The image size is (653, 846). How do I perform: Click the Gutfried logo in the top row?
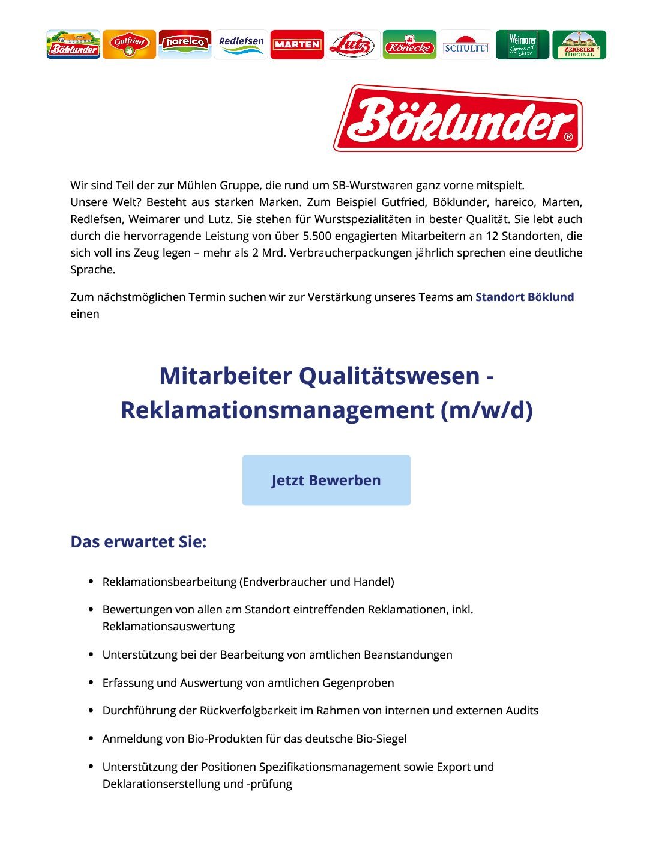[129, 44]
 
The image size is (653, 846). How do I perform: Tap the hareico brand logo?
[185, 44]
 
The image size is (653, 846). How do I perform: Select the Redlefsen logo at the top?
[241, 44]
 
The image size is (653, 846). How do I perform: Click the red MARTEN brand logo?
[297, 44]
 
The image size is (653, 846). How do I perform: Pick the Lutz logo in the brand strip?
[354, 44]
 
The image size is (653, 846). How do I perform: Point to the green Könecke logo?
[409, 44]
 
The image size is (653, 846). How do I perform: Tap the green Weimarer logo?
[522, 44]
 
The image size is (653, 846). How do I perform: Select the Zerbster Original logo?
[579, 44]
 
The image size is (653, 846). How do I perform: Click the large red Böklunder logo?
[458, 118]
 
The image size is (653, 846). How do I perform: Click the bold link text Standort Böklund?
[525, 297]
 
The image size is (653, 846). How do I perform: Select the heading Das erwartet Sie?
[139, 542]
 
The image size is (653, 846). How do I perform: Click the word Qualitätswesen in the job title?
[390, 376]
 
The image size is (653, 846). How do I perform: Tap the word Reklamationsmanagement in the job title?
[277, 410]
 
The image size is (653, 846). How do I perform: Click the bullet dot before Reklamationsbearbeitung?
[91, 582]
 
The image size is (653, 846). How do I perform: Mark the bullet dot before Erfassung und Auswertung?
[91, 683]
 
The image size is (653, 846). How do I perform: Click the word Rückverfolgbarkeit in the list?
[248, 710]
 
